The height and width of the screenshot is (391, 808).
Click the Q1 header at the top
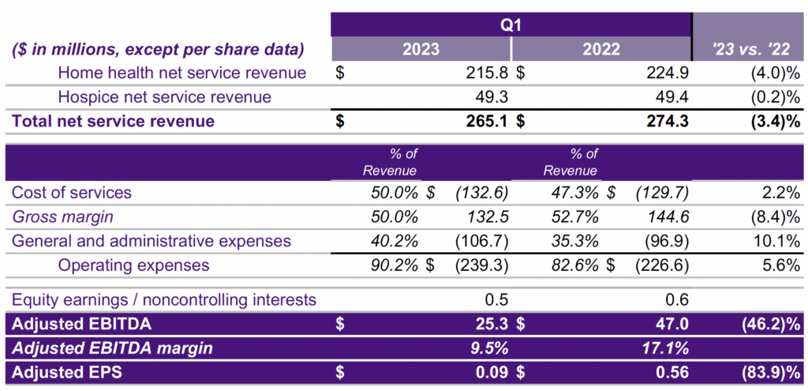click(x=511, y=24)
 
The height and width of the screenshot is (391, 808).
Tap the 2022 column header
click(x=601, y=49)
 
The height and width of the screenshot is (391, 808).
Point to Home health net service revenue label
click(x=181, y=73)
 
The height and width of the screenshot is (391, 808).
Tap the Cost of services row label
click(x=72, y=193)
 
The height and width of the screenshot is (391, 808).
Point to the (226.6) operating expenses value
click(x=663, y=265)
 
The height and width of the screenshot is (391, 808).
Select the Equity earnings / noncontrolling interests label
click(x=164, y=299)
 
